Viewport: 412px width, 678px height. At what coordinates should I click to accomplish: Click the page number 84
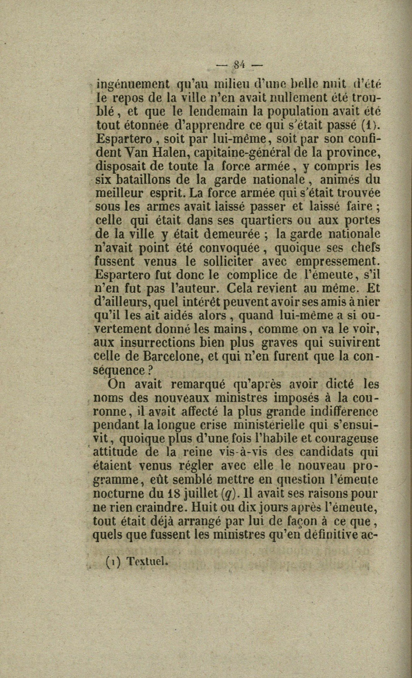coord(238,64)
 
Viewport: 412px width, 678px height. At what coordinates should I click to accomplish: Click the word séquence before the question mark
coord(119,370)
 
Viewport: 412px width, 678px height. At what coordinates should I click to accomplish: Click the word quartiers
coord(257,220)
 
